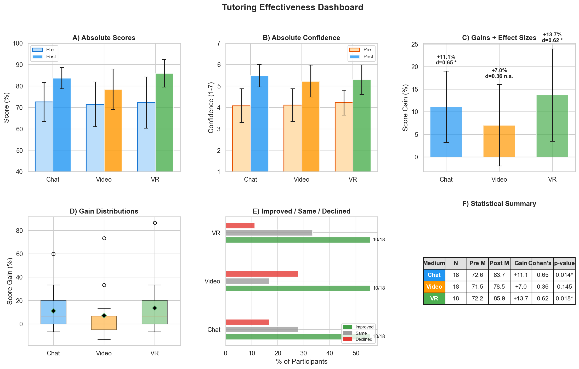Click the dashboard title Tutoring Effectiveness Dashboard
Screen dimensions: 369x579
tap(292, 7)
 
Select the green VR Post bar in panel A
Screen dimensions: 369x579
tap(164, 123)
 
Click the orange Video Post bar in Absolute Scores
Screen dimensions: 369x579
tap(113, 131)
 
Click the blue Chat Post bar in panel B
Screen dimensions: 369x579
tap(259, 124)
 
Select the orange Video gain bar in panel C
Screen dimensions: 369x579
tap(499, 141)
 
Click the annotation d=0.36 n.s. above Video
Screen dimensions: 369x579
tap(499, 76)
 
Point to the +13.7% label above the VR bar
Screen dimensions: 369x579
tap(552, 35)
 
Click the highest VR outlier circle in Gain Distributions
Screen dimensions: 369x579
tap(155, 223)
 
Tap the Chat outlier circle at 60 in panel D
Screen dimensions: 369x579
tap(53, 254)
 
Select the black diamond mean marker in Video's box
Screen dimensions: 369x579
tap(104, 316)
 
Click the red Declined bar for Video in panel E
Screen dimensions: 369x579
tap(262, 274)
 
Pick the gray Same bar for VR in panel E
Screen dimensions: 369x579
tap(269, 233)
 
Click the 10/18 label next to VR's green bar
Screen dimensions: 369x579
tap(379, 240)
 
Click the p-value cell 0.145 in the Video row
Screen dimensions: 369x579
tap(564, 287)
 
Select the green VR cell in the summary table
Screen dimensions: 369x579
tap(434, 299)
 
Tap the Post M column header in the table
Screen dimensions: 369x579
tap(499, 263)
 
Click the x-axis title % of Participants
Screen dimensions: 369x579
tap(302, 362)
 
